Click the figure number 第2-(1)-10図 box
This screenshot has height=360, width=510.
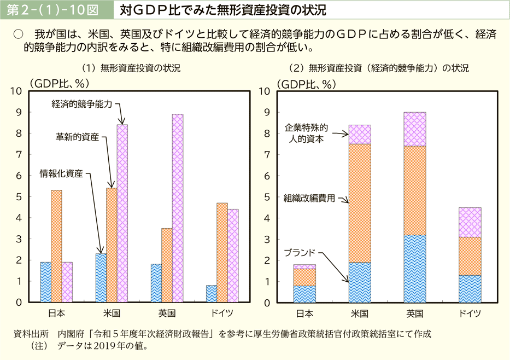tap(56, 9)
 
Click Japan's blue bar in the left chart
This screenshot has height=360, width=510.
tap(45, 282)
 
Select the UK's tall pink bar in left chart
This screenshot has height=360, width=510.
tap(178, 208)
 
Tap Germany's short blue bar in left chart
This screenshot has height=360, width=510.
tap(211, 293)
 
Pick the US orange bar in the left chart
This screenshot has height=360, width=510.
tap(112, 245)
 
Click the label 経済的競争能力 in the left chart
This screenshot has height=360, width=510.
tap(82, 103)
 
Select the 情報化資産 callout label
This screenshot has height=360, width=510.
tap(61, 174)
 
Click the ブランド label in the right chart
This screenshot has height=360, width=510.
tap(300, 252)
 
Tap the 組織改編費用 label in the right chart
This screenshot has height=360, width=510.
tap(309, 198)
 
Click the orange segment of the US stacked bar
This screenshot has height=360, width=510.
tap(359, 203)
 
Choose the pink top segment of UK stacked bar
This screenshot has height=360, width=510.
tap(415, 129)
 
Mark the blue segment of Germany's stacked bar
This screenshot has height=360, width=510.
tap(470, 288)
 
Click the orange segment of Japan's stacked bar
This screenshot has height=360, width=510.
tap(304, 277)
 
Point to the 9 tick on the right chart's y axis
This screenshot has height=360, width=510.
tap(267, 112)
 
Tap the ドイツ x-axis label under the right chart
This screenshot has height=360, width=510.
tap(470, 313)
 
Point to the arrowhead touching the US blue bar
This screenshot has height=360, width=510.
tap(99, 251)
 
